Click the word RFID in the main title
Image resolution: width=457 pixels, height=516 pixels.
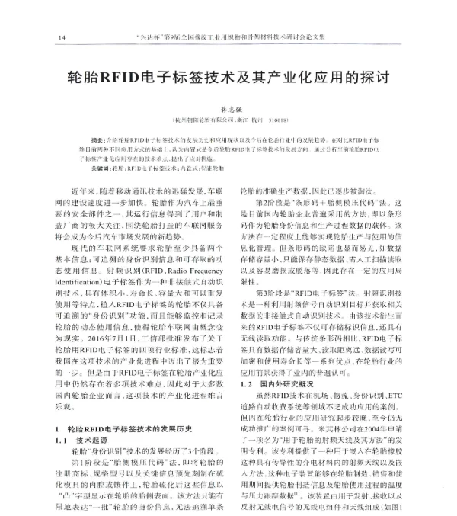pos(133,77)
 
